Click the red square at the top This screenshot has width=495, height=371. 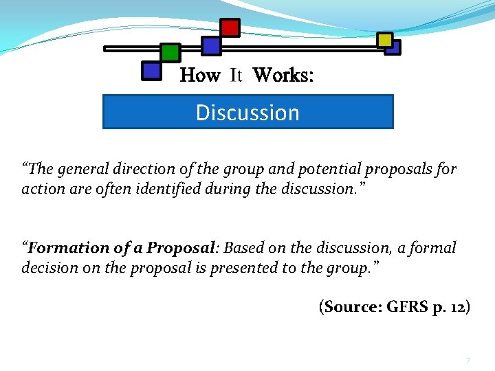[230, 27]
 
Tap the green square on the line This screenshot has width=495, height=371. [170, 52]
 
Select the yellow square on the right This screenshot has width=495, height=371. [385, 40]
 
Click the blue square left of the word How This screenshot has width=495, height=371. [151, 70]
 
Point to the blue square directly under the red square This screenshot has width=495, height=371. [211, 46]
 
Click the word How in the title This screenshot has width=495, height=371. [200, 75]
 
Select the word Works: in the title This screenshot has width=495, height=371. [283, 75]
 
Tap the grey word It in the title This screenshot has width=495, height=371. [236, 75]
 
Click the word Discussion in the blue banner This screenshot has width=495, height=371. [247, 113]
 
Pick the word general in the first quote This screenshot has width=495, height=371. [82, 169]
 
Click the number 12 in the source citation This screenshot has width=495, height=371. [456, 307]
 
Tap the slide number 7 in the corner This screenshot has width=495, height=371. [467, 361]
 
